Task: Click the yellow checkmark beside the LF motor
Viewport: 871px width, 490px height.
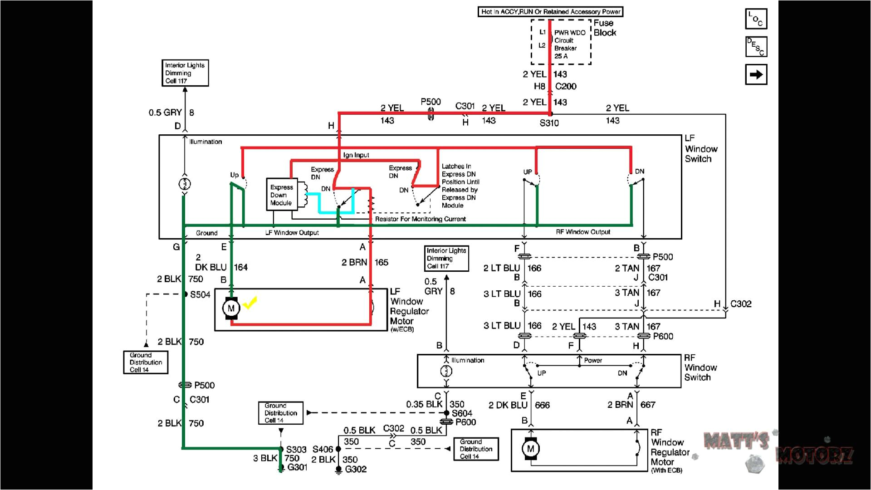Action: pyautogui.click(x=250, y=302)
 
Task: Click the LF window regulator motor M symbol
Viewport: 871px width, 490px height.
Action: pyautogui.click(x=231, y=309)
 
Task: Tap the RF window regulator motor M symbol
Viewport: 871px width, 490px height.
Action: pyautogui.click(x=530, y=449)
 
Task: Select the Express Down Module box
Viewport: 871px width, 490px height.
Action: pyautogui.click(x=282, y=195)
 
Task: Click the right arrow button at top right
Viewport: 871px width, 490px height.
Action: pyautogui.click(x=756, y=75)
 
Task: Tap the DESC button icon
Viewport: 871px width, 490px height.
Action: pyautogui.click(x=756, y=47)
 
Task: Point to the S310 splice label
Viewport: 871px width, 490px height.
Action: pyautogui.click(x=549, y=123)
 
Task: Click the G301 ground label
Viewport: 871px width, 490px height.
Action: pyautogui.click(x=298, y=467)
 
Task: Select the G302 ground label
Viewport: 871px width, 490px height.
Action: pyautogui.click(x=356, y=470)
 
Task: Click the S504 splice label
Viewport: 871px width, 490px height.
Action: pyautogui.click(x=200, y=295)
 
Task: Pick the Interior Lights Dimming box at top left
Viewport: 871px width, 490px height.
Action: pyautogui.click(x=185, y=73)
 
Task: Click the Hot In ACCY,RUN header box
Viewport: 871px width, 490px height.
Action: pyautogui.click(x=550, y=12)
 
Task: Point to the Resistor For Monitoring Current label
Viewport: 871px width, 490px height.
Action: pyautogui.click(x=420, y=219)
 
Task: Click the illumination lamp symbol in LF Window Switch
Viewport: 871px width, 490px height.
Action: pyautogui.click(x=185, y=184)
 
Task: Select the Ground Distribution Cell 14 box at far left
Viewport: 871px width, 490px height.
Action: pyautogui.click(x=146, y=363)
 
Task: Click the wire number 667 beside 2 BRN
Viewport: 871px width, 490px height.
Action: pyautogui.click(x=648, y=405)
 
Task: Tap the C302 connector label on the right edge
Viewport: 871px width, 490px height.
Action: pyautogui.click(x=740, y=304)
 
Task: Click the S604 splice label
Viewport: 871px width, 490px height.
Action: pyautogui.click(x=462, y=413)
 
